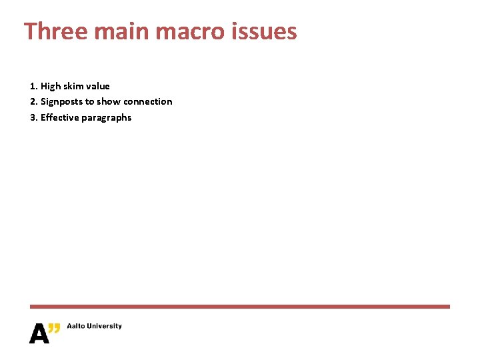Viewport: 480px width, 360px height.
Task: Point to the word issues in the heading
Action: click(x=267, y=31)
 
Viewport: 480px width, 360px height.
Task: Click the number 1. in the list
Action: click(x=34, y=86)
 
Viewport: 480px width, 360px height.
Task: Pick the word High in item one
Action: click(x=51, y=86)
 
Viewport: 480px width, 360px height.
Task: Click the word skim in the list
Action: click(x=73, y=86)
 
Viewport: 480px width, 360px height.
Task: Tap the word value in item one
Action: click(x=98, y=86)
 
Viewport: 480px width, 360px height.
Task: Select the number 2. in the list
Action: click(x=34, y=101)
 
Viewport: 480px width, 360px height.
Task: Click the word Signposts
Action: click(x=61, y=102)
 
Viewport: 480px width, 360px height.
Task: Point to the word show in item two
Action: click(x=109, y=101)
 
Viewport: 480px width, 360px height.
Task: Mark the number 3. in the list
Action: click(x=34, y=117)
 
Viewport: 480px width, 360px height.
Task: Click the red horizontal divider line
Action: click(x=240, y=307)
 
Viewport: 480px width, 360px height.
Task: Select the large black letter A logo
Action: click(x=39, y=333)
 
